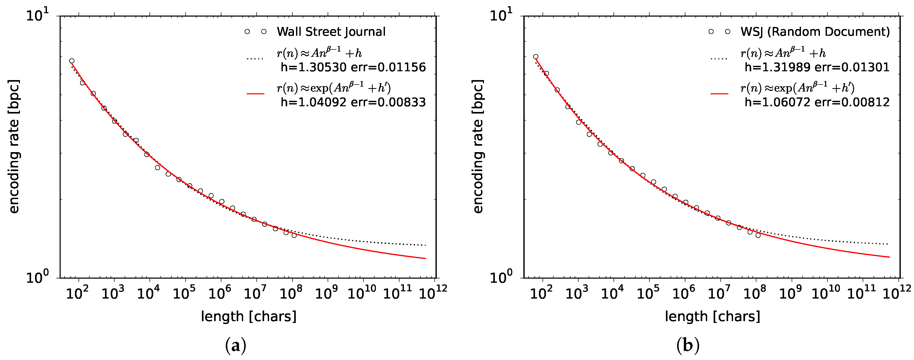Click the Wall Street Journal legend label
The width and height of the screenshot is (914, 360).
coord(331,32)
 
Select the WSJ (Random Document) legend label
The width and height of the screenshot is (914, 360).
coord(815,32)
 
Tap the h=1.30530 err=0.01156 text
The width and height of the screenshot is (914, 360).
coord(353,67)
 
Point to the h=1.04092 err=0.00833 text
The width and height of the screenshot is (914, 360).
coord(353,102)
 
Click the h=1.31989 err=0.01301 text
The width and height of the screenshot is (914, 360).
coord(817,67)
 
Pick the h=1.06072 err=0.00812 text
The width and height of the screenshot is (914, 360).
coord(817,102)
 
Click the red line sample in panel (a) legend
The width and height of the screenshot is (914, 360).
coord(256,94)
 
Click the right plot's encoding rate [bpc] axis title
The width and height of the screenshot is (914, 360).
coord(478,146)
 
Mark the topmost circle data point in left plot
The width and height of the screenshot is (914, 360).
coord(72,61)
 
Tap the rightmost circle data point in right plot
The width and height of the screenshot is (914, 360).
coord(758,235)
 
